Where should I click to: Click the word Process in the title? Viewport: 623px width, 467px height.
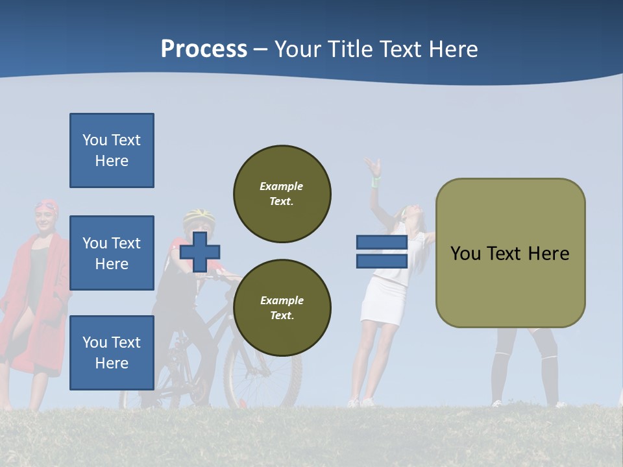tap(204, 49)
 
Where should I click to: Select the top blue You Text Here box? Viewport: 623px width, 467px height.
tap(112, 150)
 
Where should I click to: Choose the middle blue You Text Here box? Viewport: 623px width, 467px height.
tap(112, 253)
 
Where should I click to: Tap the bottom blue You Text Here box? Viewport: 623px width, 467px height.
tap(112, 353)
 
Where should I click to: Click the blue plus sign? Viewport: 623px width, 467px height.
tap(200, 252)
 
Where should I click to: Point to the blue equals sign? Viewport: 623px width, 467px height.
tap(382, 252)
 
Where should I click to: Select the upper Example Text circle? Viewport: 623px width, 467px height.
tap(282, 193)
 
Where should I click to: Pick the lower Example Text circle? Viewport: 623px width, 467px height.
tap(282, 308)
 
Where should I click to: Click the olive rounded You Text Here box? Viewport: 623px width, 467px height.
tap(510, 253)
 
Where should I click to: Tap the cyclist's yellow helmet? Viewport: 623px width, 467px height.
tap(199, 216)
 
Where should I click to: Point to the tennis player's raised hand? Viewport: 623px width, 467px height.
tap(372, 166)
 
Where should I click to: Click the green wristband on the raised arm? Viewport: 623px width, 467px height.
tap(375, 182)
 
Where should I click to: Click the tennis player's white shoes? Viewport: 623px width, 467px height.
tap(361, 403)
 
